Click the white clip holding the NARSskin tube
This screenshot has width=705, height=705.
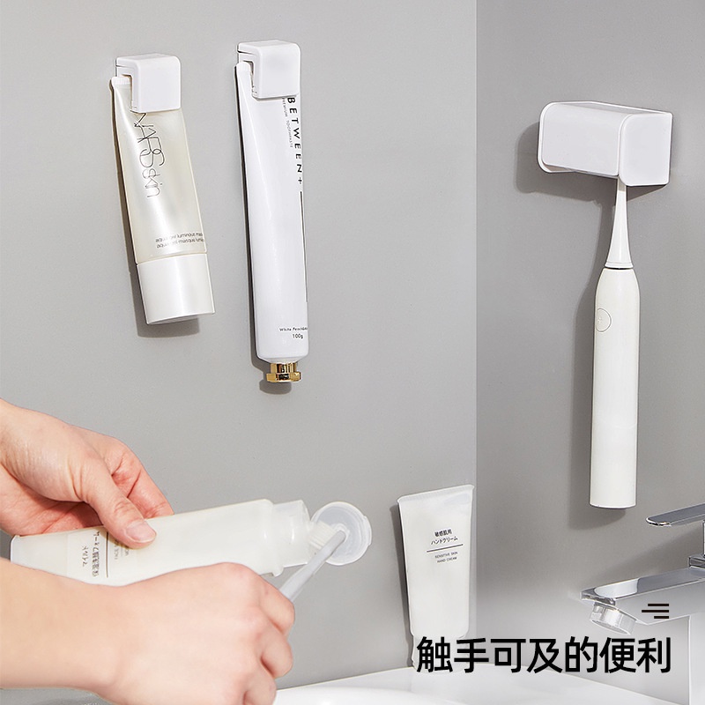(x=149, y=82)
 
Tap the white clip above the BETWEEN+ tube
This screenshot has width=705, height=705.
(x=269, y=68)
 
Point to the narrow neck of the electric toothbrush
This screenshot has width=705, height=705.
(x=617, y=229)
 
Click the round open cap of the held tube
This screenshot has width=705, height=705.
(x=344, y=533)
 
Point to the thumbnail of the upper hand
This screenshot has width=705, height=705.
(x=138, y=531)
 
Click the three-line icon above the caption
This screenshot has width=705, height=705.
(x=655, y=610)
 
